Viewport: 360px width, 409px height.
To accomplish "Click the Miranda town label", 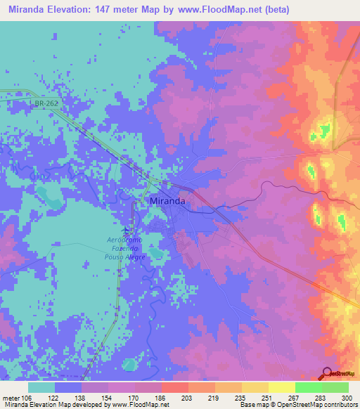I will [x=168, y=201].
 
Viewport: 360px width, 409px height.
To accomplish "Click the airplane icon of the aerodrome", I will [x=127, y=230].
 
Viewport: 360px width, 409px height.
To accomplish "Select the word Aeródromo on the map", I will [x=127, y=240].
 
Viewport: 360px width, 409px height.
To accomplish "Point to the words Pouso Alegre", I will [x=127, y=257].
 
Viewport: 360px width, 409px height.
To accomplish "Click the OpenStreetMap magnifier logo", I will [x=328, y=372].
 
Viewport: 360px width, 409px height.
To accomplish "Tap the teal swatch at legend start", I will [x=41, y=387].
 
